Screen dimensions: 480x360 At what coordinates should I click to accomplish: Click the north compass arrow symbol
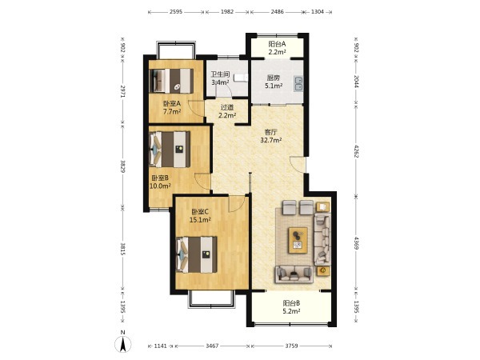coord(123,344)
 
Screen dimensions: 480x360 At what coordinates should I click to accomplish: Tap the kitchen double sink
coord(298,83)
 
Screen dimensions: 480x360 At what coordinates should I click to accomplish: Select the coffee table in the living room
coord(298,240)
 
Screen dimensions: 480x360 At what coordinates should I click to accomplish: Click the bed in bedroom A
coord(171,81)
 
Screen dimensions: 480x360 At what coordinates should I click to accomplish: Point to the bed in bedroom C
coord(197,254)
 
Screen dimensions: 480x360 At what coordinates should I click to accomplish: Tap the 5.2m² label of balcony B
coord(291,311)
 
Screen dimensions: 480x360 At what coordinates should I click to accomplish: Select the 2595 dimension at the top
coord(176,12)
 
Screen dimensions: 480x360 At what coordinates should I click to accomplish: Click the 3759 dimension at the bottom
coord(291,346)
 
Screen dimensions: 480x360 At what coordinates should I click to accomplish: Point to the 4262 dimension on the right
coord(356,151)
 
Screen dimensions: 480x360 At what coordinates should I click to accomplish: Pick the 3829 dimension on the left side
coord(122,166)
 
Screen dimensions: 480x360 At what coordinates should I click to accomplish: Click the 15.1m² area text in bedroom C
coord(200,219)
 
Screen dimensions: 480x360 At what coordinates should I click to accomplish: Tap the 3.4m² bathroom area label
coord(221,82)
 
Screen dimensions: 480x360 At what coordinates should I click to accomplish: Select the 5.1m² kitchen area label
coord(274,86)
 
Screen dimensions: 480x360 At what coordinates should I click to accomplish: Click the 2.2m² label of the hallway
coord(227,115)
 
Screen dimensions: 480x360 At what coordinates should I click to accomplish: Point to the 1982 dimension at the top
coord(227,12)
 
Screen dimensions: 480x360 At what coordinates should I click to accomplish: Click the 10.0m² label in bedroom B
coord(160,186)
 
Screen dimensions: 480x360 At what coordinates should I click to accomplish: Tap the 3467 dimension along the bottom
coord(212,346)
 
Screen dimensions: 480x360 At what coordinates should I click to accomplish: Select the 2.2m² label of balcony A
coord(278,52)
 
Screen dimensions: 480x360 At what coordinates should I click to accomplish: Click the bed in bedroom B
coord(170,149)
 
